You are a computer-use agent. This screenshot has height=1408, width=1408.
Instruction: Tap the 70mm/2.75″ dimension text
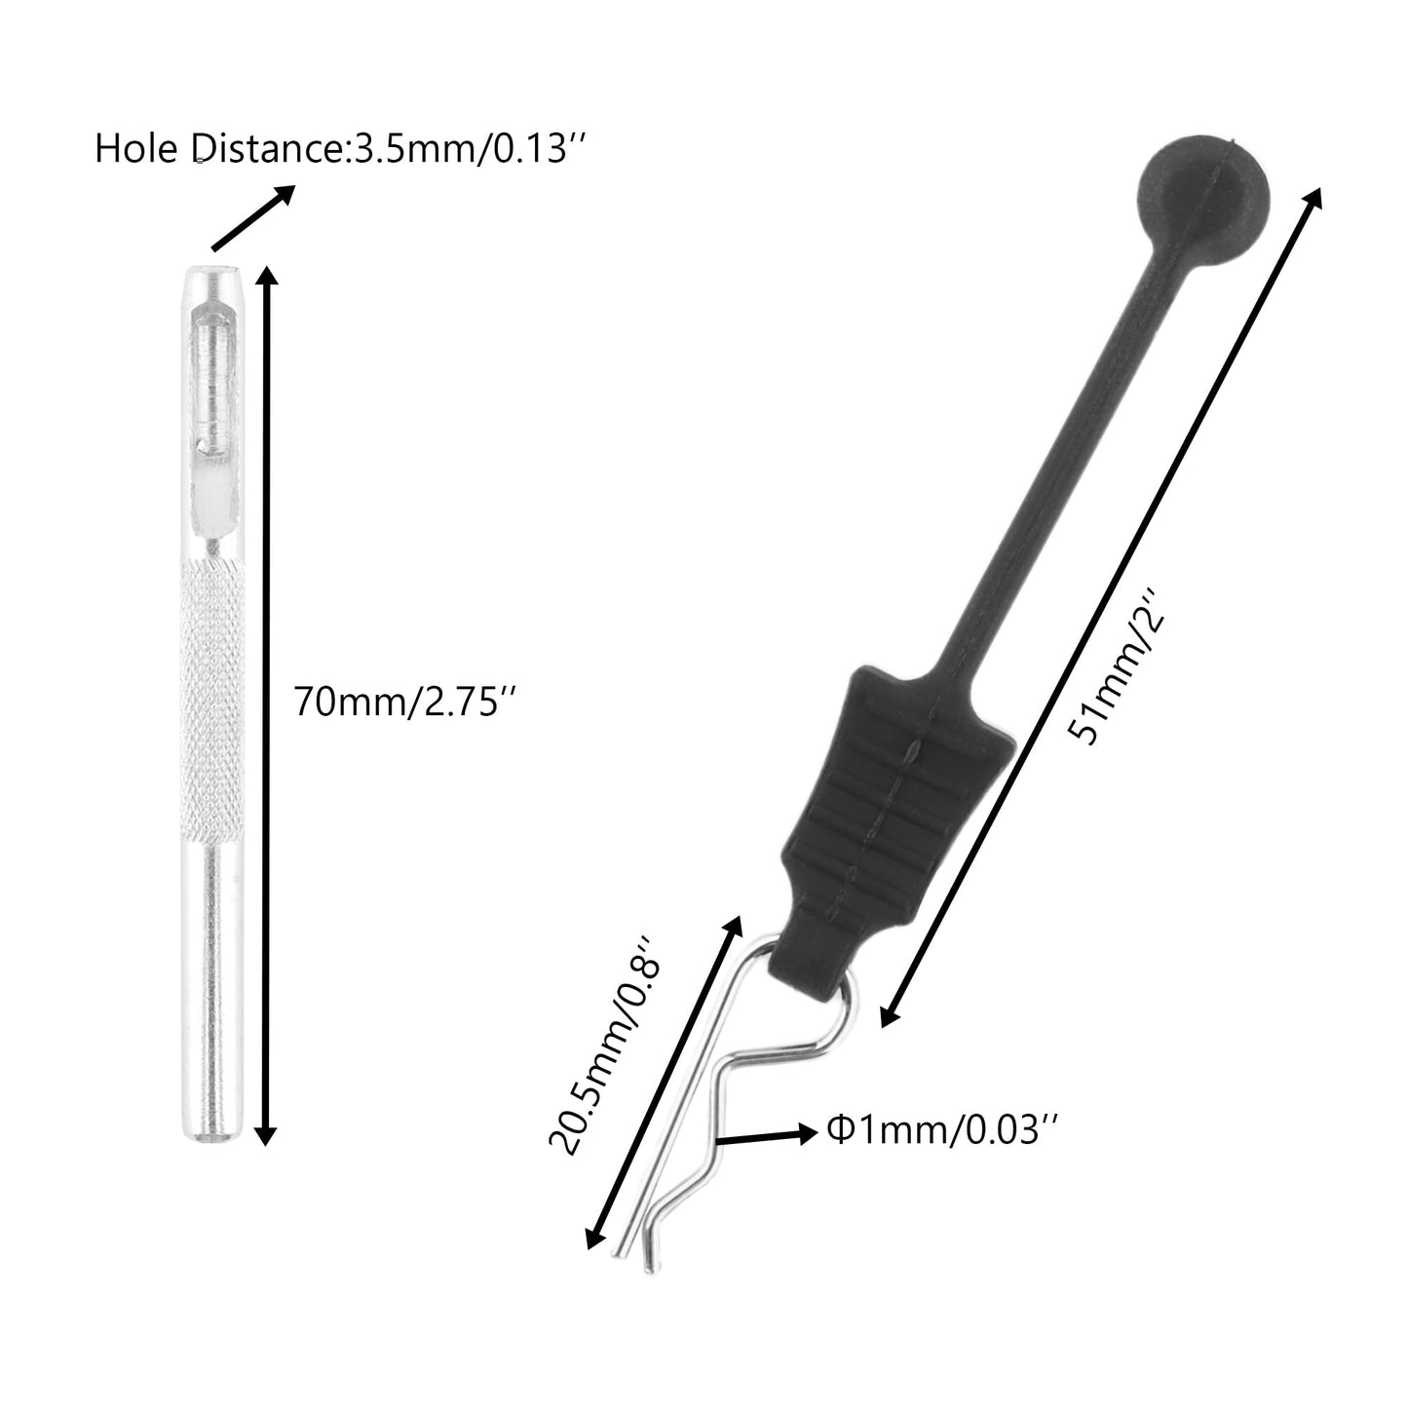click(405, 702)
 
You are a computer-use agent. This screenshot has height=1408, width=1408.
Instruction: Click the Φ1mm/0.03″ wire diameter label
click(942, 1130)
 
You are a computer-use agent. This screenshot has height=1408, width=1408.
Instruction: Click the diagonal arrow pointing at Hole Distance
click(252, 217)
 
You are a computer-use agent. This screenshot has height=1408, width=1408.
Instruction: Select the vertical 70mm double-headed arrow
click(267, 706)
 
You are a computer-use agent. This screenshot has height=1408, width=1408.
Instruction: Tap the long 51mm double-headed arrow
click(1101, 607)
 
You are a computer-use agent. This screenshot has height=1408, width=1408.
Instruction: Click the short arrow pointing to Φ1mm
click(767, 1136)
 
